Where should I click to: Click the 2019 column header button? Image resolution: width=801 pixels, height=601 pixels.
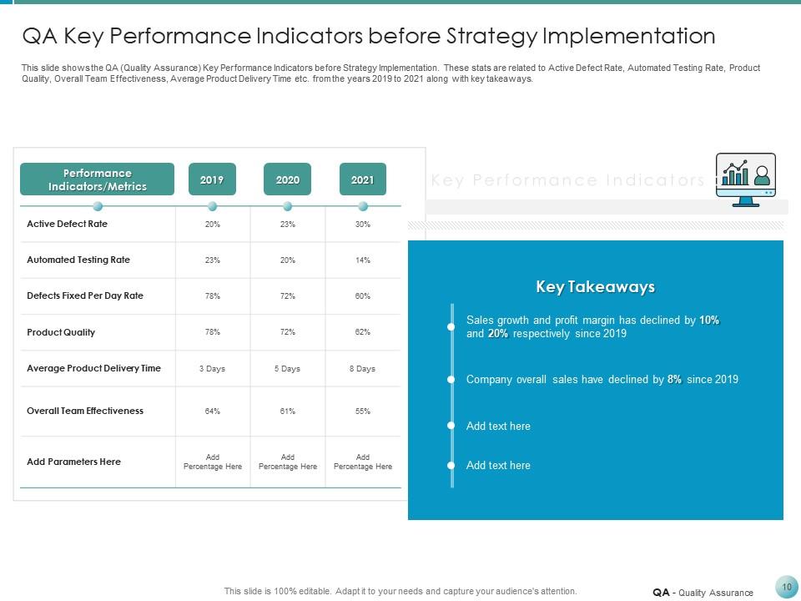point(212,179)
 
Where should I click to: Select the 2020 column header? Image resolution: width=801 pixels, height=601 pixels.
point(287,179)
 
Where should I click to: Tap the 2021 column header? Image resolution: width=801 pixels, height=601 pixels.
point(362,179)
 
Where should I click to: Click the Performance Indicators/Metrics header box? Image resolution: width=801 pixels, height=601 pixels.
point(98,179)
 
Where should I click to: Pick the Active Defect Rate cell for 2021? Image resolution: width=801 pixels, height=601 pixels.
point(362,225)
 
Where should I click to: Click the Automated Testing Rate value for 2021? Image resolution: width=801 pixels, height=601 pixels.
point(362,260)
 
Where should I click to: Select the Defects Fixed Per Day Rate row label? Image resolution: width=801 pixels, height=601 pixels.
point(85,295)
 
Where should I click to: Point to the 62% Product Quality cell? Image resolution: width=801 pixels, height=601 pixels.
point(362,332)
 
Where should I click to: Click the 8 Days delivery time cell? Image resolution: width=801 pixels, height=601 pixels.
point(362,368)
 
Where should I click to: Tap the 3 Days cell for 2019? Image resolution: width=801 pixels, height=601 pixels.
point(212,368)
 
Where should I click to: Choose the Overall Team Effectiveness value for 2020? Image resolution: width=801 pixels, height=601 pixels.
point(287,411)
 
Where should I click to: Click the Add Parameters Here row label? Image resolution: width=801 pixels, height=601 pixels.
point(73,462)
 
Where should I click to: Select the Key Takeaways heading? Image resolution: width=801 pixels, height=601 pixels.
point(595,287)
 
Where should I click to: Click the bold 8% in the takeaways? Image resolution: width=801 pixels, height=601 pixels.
point(674,379)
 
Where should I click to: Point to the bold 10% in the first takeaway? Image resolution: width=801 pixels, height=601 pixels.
point(709,321)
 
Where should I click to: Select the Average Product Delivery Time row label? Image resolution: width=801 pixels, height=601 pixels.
point(93,368)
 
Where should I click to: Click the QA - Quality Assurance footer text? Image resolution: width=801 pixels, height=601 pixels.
point(703,593)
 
